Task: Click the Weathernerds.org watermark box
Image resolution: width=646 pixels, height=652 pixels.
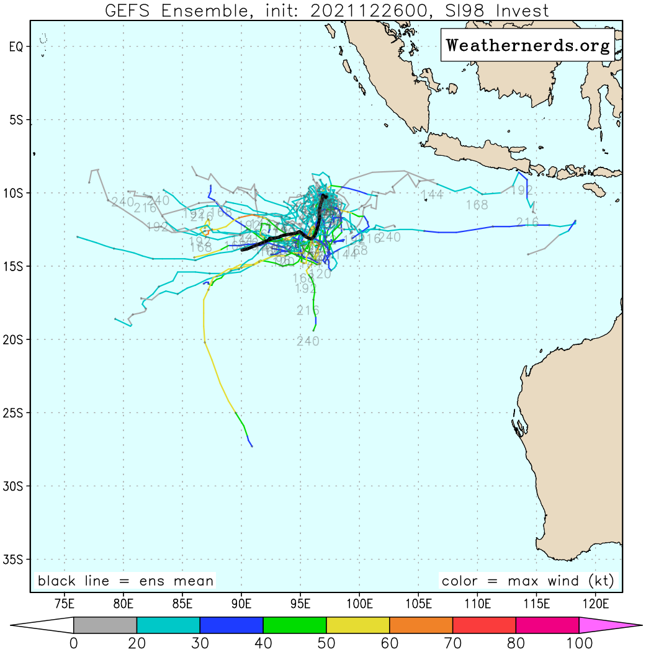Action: click(x=527, y=45)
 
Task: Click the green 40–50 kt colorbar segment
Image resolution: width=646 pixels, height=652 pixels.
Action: click(x=295, y=625)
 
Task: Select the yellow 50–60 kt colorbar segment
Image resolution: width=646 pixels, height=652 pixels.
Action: click(x=358, y=625)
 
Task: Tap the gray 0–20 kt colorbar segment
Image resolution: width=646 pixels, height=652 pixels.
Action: click(x=105, y=625)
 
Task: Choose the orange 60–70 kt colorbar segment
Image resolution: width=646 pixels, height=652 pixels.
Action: click(x=421, y=625)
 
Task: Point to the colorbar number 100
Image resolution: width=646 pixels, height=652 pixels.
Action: click(x=579, y=643)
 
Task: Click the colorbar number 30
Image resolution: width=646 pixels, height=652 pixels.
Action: click(x=200, y=643)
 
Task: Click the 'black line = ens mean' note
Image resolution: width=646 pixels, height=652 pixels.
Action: click(x=125, y=581)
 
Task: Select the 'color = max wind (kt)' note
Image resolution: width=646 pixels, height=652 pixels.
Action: click(x=528, y=581)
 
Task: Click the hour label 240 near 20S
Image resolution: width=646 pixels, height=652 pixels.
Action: click(x=308, y=341)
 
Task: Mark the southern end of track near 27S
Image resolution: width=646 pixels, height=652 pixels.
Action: click(x=251, y=446)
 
